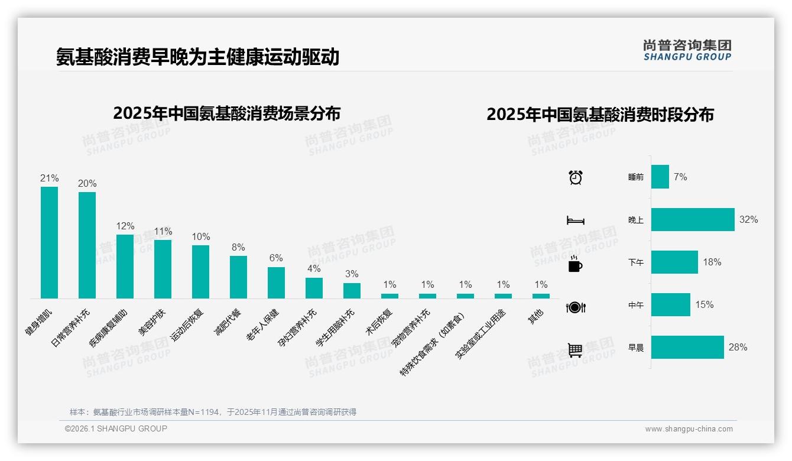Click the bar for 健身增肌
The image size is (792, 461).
click(x=49, y=242)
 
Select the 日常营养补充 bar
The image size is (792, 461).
click(x=87, y=245)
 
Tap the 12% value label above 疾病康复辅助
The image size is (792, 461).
click(x=125, y=226)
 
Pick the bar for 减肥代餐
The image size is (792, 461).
click(x=238, y=277)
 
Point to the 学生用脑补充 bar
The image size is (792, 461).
click(x=352, y=290)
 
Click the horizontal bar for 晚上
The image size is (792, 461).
click(x=693, y=219)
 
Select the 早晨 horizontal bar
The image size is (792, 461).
click(x=687, y=347)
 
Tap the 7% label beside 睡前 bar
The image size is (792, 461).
click(x=680, y=177)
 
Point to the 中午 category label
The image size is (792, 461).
click(x=636, y=305)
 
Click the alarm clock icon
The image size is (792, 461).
click(x=576, y=177)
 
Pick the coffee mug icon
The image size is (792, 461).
click(x=575, y=265)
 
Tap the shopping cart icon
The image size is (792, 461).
click(x=575, y=350)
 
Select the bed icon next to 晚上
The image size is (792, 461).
click(x=575, y=220)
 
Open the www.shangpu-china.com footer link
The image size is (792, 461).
click(x=689, y=429)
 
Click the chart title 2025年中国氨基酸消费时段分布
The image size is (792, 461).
click(x=600, y=115)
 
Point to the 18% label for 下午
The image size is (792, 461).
click(x=712, y=262)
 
